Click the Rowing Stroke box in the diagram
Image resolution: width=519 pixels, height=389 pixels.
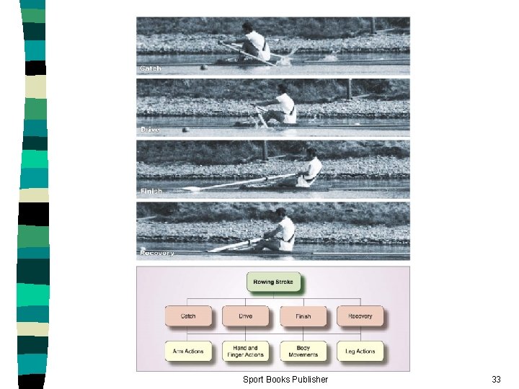pyautogui.click(x=273, y=282)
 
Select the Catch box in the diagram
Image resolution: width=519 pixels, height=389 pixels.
pyautogui.click(x=187, y=316)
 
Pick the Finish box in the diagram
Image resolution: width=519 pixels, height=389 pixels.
pyautogui.click(x=303, y=316)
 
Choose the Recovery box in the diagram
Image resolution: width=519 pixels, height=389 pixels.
pyautogui.click(x=360, y=316)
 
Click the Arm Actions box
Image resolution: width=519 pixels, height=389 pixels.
pyautogui.click(x=187, y=352)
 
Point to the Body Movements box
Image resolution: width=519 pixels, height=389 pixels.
pyautogui.click(x=303, y=352)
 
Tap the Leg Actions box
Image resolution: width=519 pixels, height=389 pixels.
pyautogui.click(x=360, y=352)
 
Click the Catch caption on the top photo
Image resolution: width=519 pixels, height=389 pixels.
pyautogui.click(x=151, y=68)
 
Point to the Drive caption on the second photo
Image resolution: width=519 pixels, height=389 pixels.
pyautogui.click(x=150, y=130)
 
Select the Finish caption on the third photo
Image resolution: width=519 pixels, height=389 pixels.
pyautogui.click(x=151, y=192)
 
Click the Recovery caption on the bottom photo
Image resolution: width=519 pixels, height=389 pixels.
pyautogui.click(x=157, y=254)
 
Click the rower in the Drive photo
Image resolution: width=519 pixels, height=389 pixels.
pyautogui.click(x=283, y=106)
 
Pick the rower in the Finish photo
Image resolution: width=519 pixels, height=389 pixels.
pyautogui.click(x=310, y=169)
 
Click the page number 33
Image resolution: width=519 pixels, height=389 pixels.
pyautogui.click(x=496, y=379)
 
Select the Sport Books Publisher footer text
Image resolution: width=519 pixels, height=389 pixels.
pyautogui.click(x=285, y=379)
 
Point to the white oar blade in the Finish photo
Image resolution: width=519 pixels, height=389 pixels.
pyautogui.click(x=191, y=189)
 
